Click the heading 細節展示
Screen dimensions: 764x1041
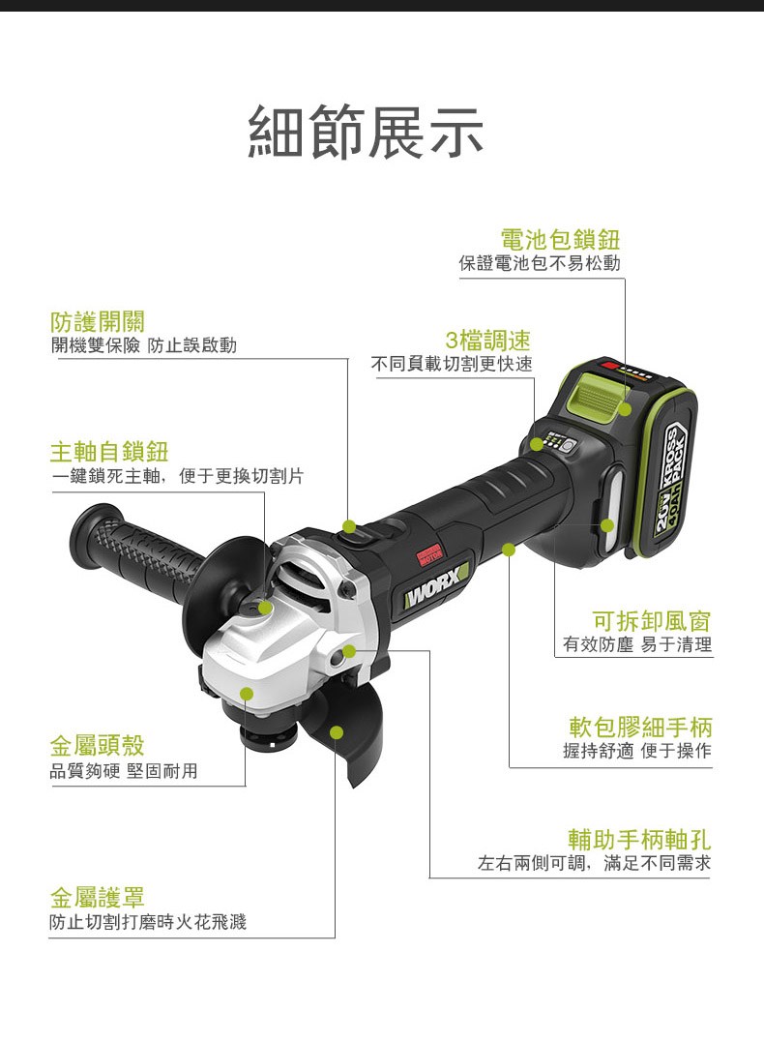click(x=366, y=132)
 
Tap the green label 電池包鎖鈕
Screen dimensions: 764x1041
click(x=560, y=239)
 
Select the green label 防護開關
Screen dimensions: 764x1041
click(x=98, y=321)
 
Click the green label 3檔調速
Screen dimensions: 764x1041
click(x=487, y=340)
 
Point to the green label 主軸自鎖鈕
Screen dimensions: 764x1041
click(x=109, y=452)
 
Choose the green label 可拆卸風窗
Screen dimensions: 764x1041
click(x=651, y=621)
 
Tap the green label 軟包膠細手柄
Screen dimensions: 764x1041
click(x=640, y=727)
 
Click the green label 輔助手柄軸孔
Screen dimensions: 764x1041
click(x=639, y=840)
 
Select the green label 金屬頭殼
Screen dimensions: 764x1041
click(x=98, y=745)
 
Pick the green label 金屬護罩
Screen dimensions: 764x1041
click(x=98, y=897)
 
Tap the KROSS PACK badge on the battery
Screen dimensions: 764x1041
click(x=670, y=477)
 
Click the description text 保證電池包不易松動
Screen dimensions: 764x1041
click(x=540, y=263)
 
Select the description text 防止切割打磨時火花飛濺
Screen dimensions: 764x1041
click(x=148, y=921)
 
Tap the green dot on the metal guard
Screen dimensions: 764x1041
click(x=337, y=732)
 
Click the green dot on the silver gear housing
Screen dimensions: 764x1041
click(x=247, y=694)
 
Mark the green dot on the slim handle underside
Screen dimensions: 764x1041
click(x=509, y=550)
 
